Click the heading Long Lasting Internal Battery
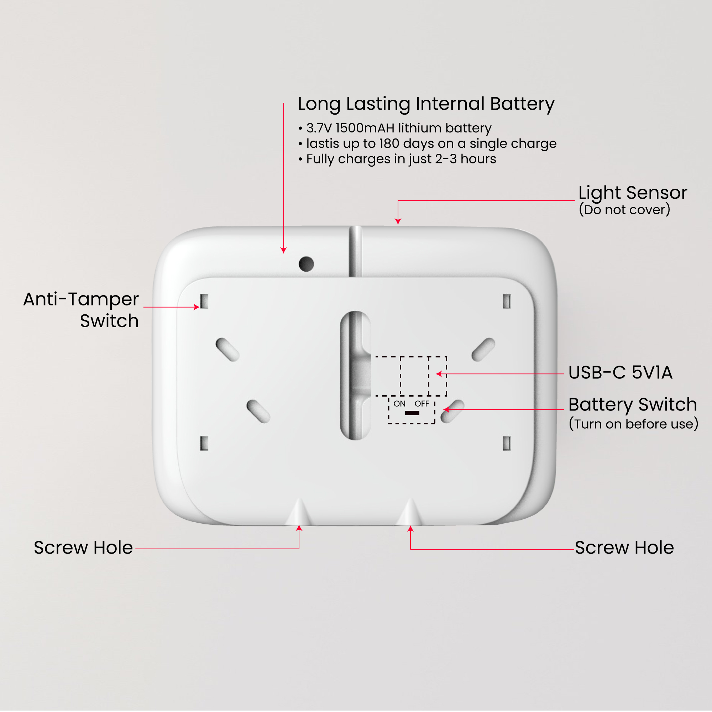click(x=426, y=104)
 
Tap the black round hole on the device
click(x=306, y=264)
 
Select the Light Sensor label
click(x=632, y=193)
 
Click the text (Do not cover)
click(x=624, y=210)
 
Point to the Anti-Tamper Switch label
click(x=81, y=310)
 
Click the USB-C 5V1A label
click(x=620, y=373)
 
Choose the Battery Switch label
click(x=632, y=405)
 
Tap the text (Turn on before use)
click(x=633, y=424)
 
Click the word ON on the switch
click(x=399, y=404)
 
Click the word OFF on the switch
click(x=422, y=404)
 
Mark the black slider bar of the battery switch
click(x=412, y=413)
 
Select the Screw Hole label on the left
click(x=83, y=548)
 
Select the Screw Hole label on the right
click(x=624, y=548)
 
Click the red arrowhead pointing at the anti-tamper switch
click(x=197, y=307)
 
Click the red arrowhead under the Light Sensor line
click(x=398, y=221)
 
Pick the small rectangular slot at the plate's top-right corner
click(x=507, y=301)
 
